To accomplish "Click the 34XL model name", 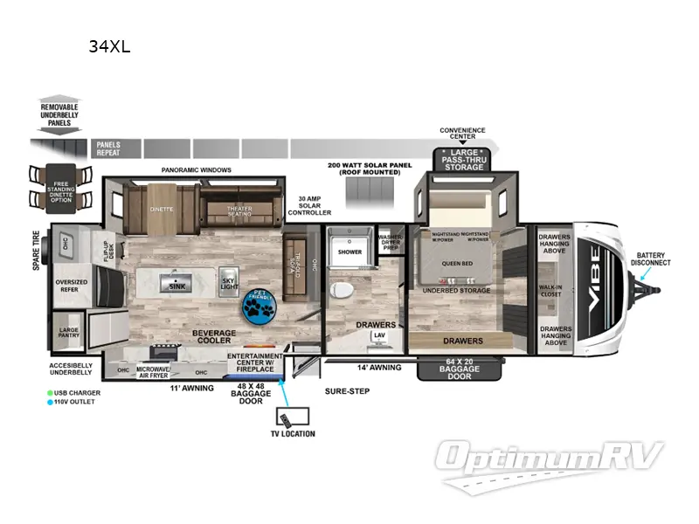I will coord(109,47).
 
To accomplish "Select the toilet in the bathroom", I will coord(343,288).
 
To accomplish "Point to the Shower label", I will coord(349,252).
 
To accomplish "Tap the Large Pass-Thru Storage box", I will coord(463,161).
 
